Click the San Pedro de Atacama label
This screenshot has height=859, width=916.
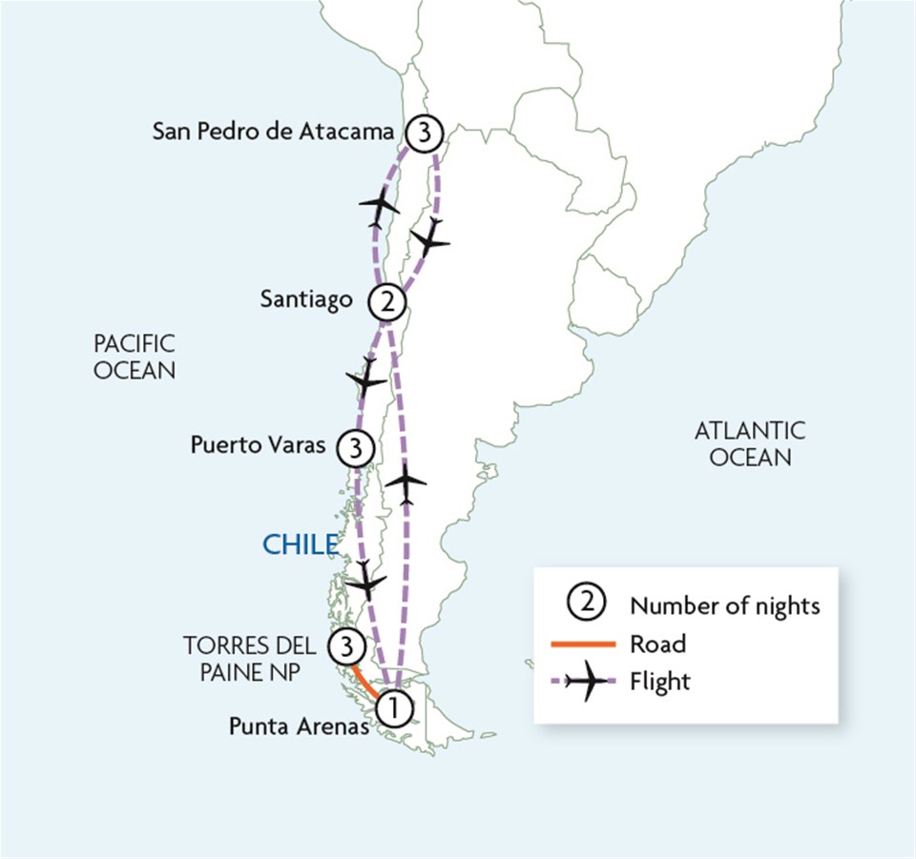273,132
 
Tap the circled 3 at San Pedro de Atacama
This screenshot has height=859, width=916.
421,133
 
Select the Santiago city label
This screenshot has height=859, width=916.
306,299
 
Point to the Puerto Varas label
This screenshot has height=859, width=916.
259,444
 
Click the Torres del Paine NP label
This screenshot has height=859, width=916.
250,657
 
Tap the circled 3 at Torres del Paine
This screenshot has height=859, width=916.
345,647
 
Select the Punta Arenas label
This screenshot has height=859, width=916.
299,726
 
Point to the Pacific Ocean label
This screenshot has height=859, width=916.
135,357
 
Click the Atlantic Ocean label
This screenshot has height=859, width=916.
749,443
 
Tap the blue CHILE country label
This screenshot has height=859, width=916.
300,544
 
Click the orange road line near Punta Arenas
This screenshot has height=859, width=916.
365,681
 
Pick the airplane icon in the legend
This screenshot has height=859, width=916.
584,682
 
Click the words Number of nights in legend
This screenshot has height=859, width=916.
724,604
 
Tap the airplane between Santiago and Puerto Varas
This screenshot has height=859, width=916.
365,378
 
